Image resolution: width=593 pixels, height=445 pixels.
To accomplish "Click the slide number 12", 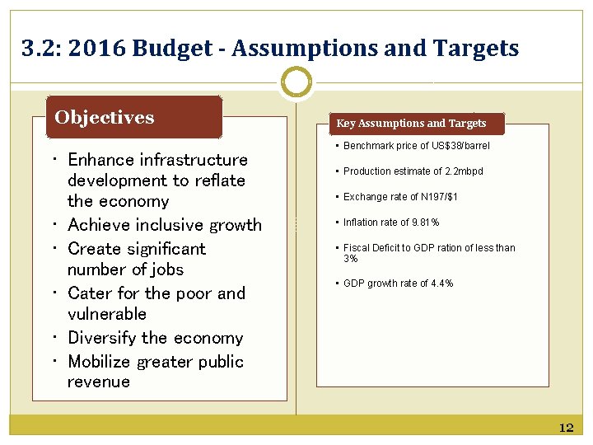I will click(566, 428).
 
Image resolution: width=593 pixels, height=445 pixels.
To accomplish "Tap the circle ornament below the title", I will click(296, 82).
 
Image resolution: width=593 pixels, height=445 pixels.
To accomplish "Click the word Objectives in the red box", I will click(105, 117).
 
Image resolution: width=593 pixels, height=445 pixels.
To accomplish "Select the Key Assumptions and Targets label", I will click(411, 124).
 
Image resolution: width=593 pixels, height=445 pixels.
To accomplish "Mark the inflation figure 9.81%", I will click(425, 222).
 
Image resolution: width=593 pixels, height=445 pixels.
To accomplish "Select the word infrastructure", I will click(194, 160).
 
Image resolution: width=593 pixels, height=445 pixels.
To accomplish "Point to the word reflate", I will click(219, 180).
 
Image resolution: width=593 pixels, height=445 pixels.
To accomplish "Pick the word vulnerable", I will click(107, 314).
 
